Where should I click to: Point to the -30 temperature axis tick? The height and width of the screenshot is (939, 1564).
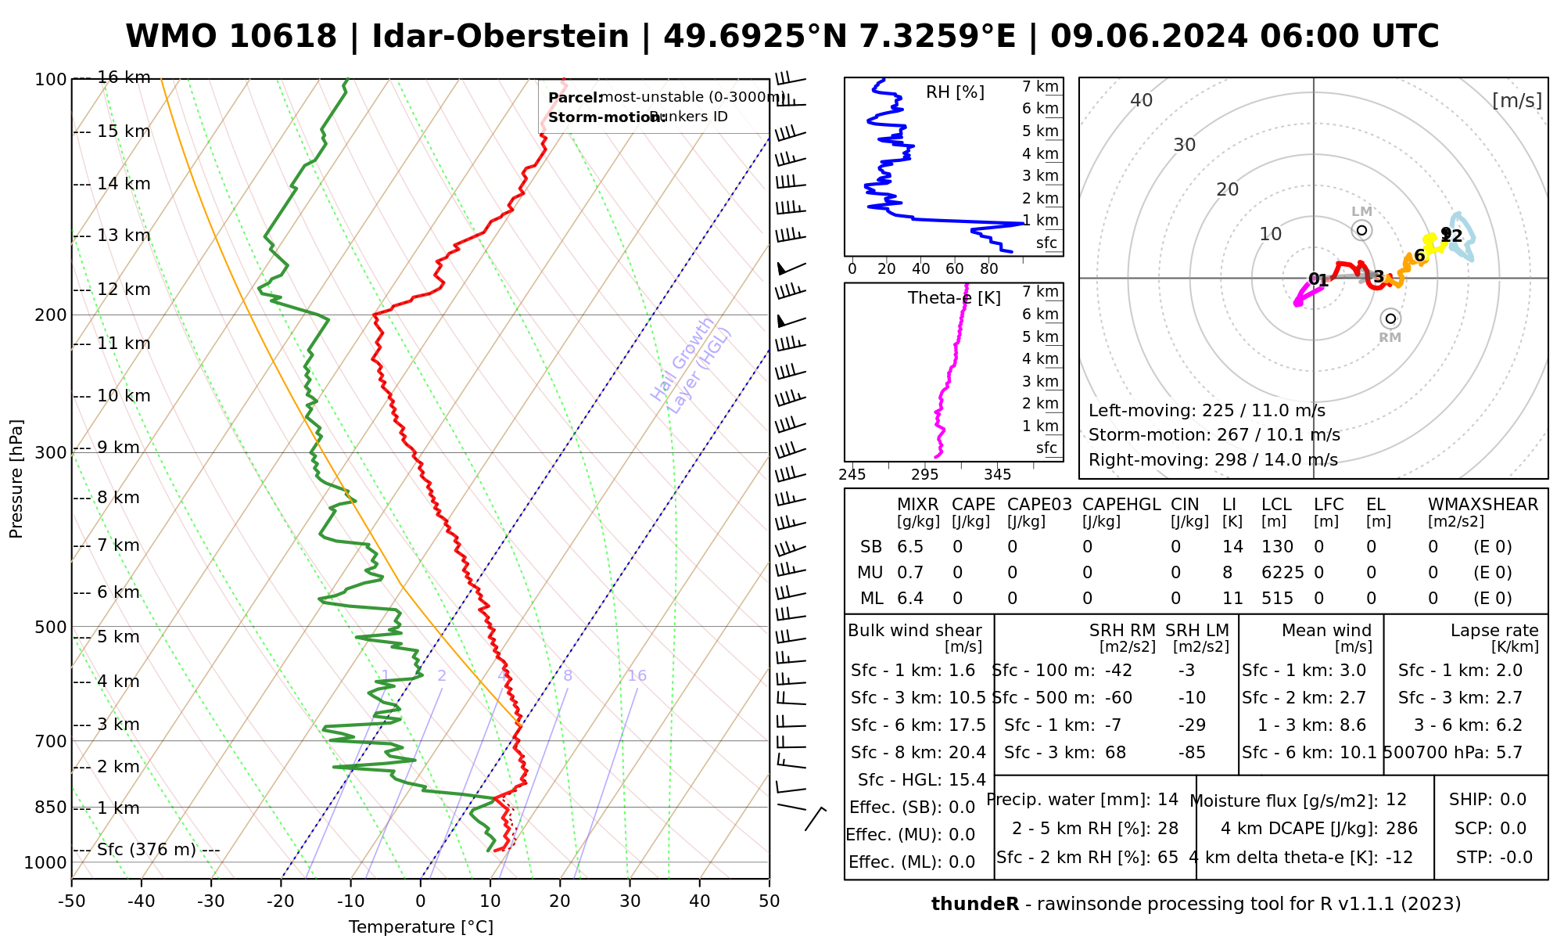point(211,901)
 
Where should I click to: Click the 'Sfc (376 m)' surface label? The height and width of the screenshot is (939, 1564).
point(146,850)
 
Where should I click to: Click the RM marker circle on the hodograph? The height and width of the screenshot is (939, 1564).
point(1390,318)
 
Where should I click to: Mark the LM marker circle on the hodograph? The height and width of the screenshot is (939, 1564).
point(1361,230)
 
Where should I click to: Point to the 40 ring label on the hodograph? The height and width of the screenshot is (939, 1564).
point(1142,100)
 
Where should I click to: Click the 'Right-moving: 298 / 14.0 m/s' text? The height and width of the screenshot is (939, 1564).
point(1213,460)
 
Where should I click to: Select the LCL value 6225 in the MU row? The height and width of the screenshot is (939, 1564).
point(1282,573)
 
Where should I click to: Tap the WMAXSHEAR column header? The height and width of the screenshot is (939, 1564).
point(1483,505)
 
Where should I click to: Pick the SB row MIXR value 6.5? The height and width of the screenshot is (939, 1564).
point(910,547)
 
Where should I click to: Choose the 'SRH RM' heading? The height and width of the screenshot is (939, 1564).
point(1122,631)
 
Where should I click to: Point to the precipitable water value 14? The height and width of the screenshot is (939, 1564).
point(1168,800)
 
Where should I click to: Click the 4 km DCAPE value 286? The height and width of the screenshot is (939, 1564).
point(1401,829)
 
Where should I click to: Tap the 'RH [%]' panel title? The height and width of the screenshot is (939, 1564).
point(955,92)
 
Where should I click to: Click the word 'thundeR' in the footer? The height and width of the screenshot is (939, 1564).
point(974,905)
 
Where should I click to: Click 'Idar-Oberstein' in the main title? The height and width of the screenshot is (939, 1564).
point(500,37)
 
